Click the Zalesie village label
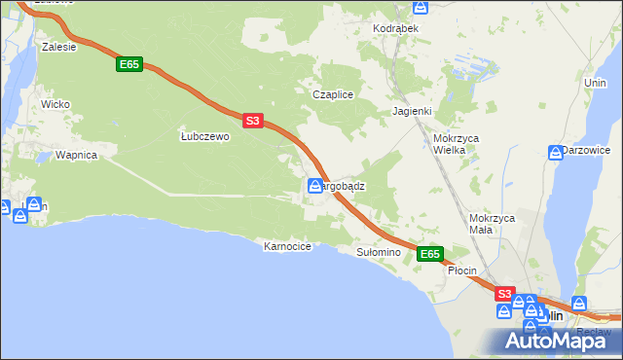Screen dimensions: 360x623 point(59,46)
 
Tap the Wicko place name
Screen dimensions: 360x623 point(55,103)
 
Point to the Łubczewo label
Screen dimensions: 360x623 point(204,137)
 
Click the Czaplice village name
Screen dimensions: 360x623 point(331,94)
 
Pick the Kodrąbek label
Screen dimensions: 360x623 point(395,29)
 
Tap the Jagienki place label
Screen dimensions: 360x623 point(412,111)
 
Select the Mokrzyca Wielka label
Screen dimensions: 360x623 point(456,144)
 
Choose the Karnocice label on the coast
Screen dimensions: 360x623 point(287,247)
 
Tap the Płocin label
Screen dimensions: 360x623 point(461,271)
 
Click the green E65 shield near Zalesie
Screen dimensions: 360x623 point(130,64)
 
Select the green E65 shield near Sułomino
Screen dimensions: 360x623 point(431,254)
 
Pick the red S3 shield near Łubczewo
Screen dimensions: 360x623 point(252,121)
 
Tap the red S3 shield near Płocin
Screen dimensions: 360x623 point(503,293)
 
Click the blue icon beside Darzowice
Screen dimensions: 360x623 point(555,152)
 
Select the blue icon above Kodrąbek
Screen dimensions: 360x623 point(421,8)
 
